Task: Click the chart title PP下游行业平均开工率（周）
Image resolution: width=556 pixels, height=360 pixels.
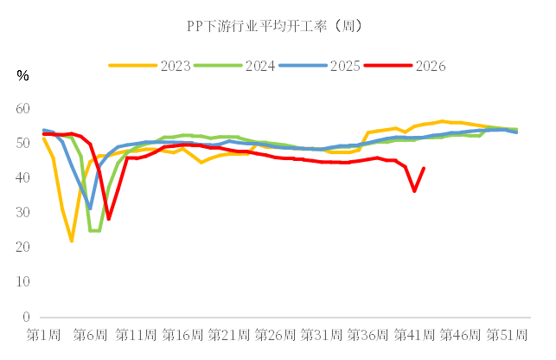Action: (x=275, y=26)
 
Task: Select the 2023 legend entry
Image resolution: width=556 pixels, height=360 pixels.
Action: (x=150, y=66)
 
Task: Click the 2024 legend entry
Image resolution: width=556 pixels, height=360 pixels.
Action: (x=234, y=66)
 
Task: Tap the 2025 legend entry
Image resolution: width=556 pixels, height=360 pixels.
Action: (x=319, y=66)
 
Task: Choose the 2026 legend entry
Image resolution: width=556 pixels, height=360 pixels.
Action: (x=405, y=66)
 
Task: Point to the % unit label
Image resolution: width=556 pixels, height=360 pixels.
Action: (x=22, y=75)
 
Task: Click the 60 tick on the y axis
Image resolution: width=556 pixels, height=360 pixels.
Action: (x=22, y=109)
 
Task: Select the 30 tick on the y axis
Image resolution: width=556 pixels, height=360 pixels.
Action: (x=22, y=212)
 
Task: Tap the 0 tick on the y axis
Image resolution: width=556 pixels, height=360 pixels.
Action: (x=26, y=317)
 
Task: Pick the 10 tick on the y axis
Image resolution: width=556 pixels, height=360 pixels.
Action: (x=22, y=282)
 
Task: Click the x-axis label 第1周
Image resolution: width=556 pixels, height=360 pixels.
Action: (x=43, y=335)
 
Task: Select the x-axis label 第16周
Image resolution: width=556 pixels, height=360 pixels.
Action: (x=182, y=335)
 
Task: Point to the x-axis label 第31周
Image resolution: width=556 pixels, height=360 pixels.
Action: (x=322, y=335)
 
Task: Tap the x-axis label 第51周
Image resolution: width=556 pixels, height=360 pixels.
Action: (x=507, y=335)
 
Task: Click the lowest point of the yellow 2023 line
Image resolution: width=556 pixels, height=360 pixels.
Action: (x=72, y=241)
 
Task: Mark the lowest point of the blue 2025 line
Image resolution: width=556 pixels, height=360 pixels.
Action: (x=90, y=209)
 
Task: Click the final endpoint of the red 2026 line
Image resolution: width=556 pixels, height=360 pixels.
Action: (x=424, y=168)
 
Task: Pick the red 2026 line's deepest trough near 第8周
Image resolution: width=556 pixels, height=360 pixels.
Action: (x=108, y=219)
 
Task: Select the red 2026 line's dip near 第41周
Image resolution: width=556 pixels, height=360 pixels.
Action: (x=414, y=191)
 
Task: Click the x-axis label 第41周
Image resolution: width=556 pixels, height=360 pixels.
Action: (x=414, y=335)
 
